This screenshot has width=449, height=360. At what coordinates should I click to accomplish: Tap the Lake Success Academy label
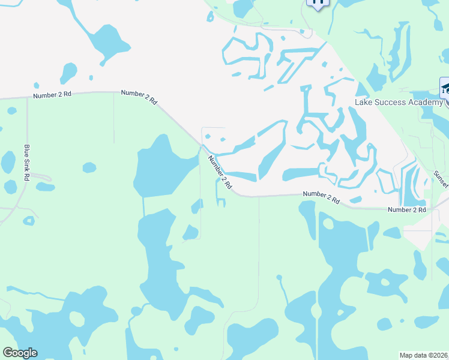pyautogui.click(x=399, y=102)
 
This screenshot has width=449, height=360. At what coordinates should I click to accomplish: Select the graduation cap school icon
pyautogui.click(x=445, y=89)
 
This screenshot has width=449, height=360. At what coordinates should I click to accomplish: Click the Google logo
pyautogui.click(x=20, y=353)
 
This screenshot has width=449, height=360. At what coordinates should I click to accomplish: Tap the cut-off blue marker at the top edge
pyautogui.click(x=318, y=3)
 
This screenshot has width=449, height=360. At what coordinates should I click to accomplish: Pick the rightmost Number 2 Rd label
pyautogui.click(x=406, y=209)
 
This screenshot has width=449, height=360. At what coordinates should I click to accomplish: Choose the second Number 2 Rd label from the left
pyautogui.click(x=139, y=97)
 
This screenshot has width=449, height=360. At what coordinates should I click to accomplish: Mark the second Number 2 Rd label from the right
pyautogui.click(x=322, y=198)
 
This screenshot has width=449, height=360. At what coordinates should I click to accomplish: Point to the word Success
pyautogui.click(x=390, y=102)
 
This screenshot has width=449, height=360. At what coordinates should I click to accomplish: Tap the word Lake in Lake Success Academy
pyautogui.click(x=364, y=102)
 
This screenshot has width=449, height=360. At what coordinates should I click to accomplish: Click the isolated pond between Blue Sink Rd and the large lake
pyautogui.click(x=89, y=167)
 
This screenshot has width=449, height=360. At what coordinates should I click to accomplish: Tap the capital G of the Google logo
pyautogui.click(x=8, y=353)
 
